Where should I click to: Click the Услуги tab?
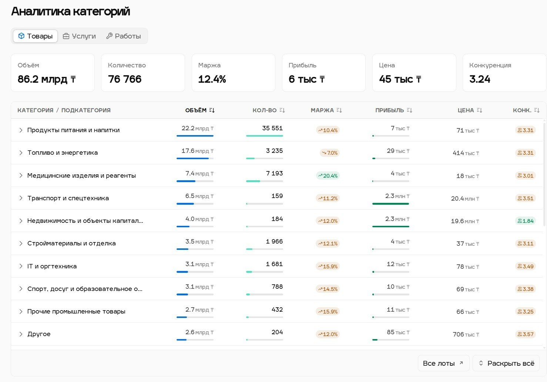click(79, 36)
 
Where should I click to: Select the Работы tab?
click(124, 36)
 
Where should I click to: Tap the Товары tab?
click(36, 36)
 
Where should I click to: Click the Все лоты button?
click(443, 363)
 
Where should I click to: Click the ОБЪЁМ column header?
click(196, 110)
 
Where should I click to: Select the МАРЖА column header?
click(322, 110)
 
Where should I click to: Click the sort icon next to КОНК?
click(537, 110)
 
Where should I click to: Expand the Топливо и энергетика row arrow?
click(21, 153)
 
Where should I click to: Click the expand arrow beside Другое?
click(21, 334)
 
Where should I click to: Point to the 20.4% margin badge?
click(328, 176)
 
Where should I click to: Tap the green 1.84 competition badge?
click(526, 221)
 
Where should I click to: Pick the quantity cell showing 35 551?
click(272, 128)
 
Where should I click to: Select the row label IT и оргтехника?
click(52, 266)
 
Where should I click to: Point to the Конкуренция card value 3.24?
click(480, 79)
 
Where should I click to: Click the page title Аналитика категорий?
click(70, 11)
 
